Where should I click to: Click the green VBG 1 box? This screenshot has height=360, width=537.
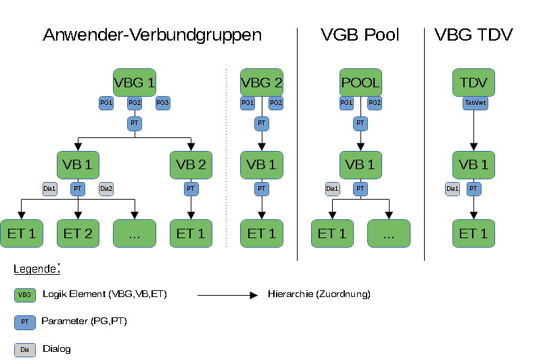pos(135,83)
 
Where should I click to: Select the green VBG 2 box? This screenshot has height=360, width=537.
pos(262,83)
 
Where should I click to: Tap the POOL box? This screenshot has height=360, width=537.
pos(360,83)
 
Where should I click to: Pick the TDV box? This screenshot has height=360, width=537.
pos(473,83)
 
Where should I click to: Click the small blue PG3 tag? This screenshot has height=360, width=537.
pos(162,103)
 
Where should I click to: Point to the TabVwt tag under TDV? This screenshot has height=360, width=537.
pos(475,103)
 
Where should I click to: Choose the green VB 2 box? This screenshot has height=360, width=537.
pos(191,165)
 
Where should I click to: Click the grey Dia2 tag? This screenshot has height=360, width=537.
pos(106,189)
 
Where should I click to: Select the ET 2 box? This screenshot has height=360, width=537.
pos(78,233)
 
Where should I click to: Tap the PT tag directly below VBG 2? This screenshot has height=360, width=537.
pos(262,124)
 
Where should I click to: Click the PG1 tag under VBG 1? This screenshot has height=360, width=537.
pos(106,103)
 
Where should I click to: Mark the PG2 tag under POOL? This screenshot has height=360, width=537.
pos(375,103)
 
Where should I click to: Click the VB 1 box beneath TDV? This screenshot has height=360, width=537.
pos(473,165)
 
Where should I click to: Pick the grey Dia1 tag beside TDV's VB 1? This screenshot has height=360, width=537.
pos(452,189)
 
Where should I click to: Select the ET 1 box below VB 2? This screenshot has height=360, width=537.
pos(191,233)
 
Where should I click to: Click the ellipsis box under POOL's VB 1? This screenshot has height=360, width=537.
pos(389,233)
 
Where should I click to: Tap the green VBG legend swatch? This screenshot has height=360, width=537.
pos(25,295)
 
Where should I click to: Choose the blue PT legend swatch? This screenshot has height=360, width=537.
pos(25,322)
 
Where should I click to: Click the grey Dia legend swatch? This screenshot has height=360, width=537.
pos(25,350)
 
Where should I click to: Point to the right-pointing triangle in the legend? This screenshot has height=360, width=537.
pos(254,295)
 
